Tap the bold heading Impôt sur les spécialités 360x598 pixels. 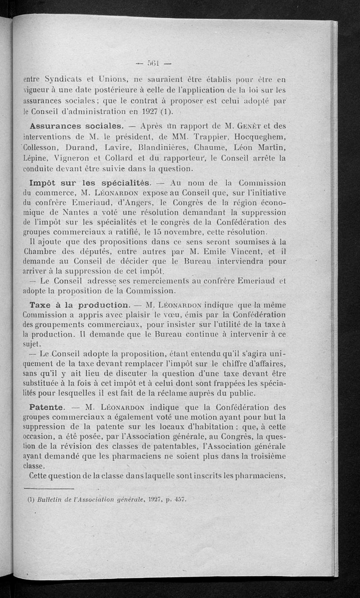click(90, 183)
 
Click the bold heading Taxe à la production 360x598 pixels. click(78, 305)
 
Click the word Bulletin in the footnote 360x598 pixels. click(50, 499)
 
